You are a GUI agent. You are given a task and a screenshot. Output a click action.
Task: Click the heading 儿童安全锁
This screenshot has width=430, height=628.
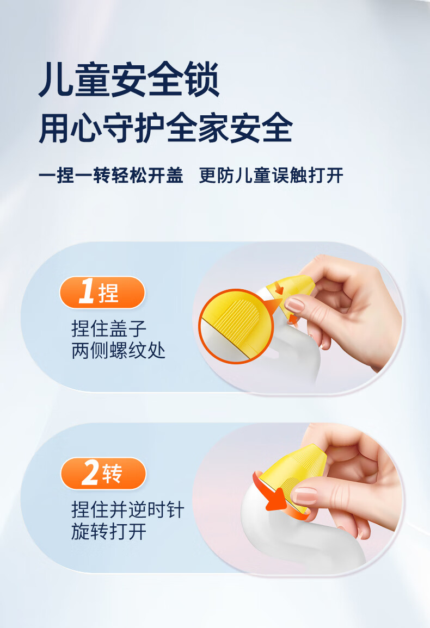tap(128, 80)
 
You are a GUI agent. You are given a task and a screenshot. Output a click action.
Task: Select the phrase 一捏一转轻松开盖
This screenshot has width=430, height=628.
tap(111, 176)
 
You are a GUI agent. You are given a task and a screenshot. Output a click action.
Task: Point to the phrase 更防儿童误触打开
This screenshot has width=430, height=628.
tap(271, 176)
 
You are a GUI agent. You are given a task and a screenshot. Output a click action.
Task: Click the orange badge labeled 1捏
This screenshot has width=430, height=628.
tap(102, 293)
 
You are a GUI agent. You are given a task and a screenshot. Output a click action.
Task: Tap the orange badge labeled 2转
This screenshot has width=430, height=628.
tap(103, 474)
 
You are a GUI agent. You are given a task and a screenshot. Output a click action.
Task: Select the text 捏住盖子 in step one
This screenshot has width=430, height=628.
tap(109, 329)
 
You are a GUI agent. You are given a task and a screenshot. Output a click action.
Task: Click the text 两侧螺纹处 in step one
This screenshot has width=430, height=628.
tap(119, 351)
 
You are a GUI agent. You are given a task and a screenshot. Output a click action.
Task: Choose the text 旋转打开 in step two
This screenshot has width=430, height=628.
tap(109, 532)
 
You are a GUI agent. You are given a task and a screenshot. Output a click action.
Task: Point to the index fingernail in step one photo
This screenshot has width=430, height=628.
tap(294, 304)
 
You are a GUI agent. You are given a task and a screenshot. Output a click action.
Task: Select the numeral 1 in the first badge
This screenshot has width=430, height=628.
tap(87, 293)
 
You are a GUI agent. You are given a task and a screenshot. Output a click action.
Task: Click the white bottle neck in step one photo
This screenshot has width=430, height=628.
tap(283, 353)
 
